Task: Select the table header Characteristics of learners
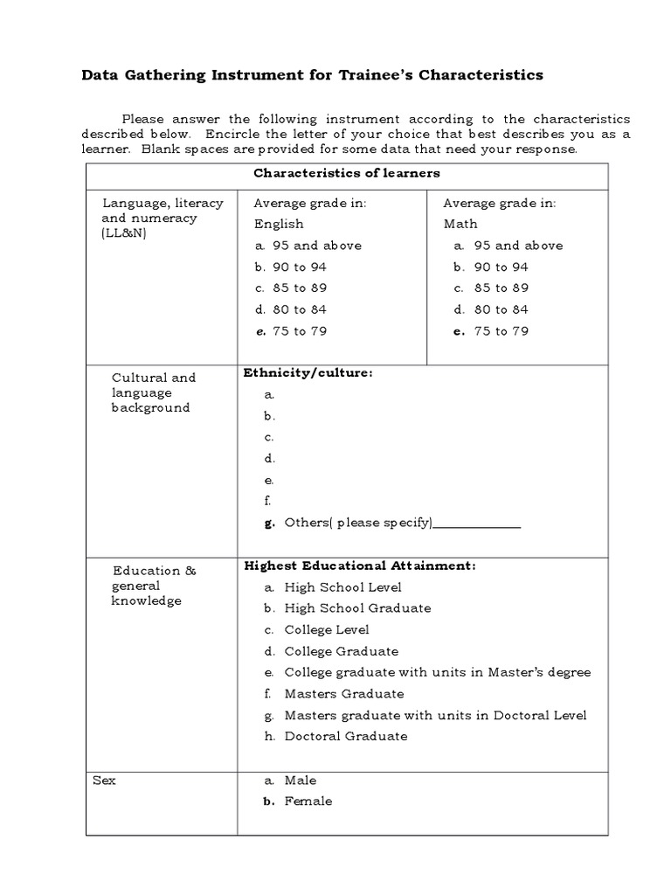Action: [x=346, y=173]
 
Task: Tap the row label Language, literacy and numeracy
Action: [x=163, y=219]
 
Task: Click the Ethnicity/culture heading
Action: [x=308, y=373]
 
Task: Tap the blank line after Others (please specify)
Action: [x=477, y=524]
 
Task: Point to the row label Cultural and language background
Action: [x=154, y=392]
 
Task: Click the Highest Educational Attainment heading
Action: [x=360, y=566]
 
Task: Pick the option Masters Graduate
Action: [x=344, y=694]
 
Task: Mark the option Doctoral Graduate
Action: [x=346, y=736]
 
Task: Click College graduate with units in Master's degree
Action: [x=437, y=672]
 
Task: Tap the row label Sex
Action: [x=104, y=781]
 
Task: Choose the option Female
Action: [x=308, y=801]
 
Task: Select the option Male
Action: [x=301, y=781]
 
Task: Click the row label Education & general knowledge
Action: [x=155, y=586]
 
